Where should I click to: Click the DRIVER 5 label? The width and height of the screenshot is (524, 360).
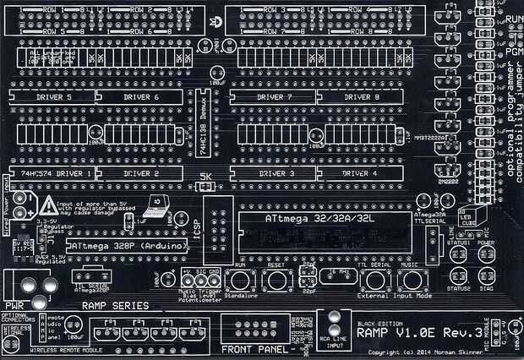[51, 97]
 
